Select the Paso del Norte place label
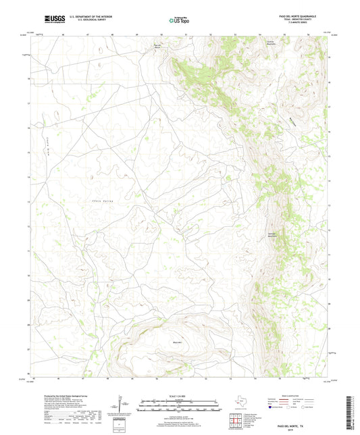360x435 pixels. [x=155, y=47]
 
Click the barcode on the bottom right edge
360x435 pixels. [x=353, y=412]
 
